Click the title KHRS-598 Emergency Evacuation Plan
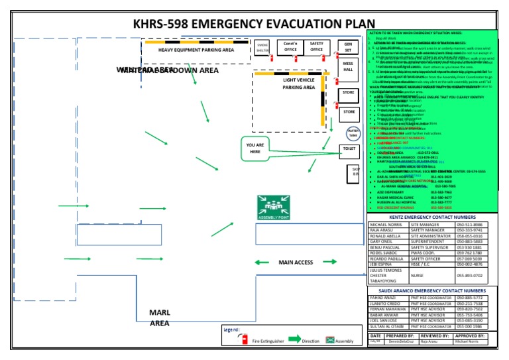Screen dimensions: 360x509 249,24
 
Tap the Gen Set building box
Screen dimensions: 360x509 348,48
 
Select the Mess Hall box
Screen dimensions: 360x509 348,68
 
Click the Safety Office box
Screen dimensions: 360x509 317,46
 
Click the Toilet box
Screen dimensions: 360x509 349,150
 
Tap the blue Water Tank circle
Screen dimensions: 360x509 354,132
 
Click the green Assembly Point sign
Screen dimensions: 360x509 274,208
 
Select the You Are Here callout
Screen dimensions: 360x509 255,149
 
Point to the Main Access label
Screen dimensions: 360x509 296,263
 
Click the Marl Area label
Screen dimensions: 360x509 159,318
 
